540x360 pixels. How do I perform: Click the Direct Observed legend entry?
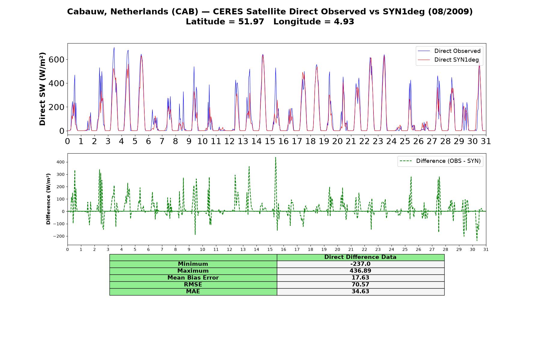449,51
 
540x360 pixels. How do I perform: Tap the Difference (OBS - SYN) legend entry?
440,161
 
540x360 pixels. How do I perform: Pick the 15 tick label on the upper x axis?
270,141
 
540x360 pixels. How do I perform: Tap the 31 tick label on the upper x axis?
486,141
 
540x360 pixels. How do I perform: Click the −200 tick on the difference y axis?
59,236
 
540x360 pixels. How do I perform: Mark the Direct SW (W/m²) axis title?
42,89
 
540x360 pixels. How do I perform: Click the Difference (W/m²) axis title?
48,199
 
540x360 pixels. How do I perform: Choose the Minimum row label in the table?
193,264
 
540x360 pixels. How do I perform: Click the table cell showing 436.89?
360,271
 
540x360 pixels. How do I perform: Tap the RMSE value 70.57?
360,284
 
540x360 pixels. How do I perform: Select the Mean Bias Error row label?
193,278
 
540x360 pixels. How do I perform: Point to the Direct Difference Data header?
360,257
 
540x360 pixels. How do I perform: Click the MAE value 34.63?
360,291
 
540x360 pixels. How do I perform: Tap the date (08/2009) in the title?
450,12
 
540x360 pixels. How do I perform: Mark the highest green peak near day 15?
275,157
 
